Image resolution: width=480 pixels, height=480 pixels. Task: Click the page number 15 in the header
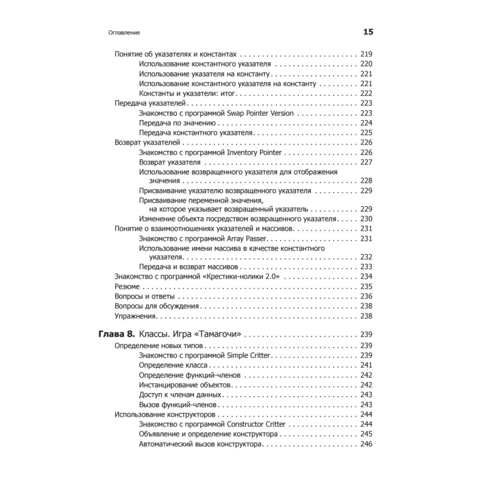(368, 33)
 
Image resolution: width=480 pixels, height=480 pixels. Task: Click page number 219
(366, 54)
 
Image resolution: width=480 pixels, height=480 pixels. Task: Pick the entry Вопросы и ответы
(144, 296)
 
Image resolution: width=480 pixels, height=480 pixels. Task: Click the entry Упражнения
(136, 316)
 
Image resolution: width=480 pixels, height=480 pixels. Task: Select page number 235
(366, 287)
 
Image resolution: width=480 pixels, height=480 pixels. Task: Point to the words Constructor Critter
(256, 424)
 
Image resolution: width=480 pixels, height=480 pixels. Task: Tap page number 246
(366, 444)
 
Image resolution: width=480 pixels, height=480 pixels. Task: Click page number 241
(366, 365)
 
